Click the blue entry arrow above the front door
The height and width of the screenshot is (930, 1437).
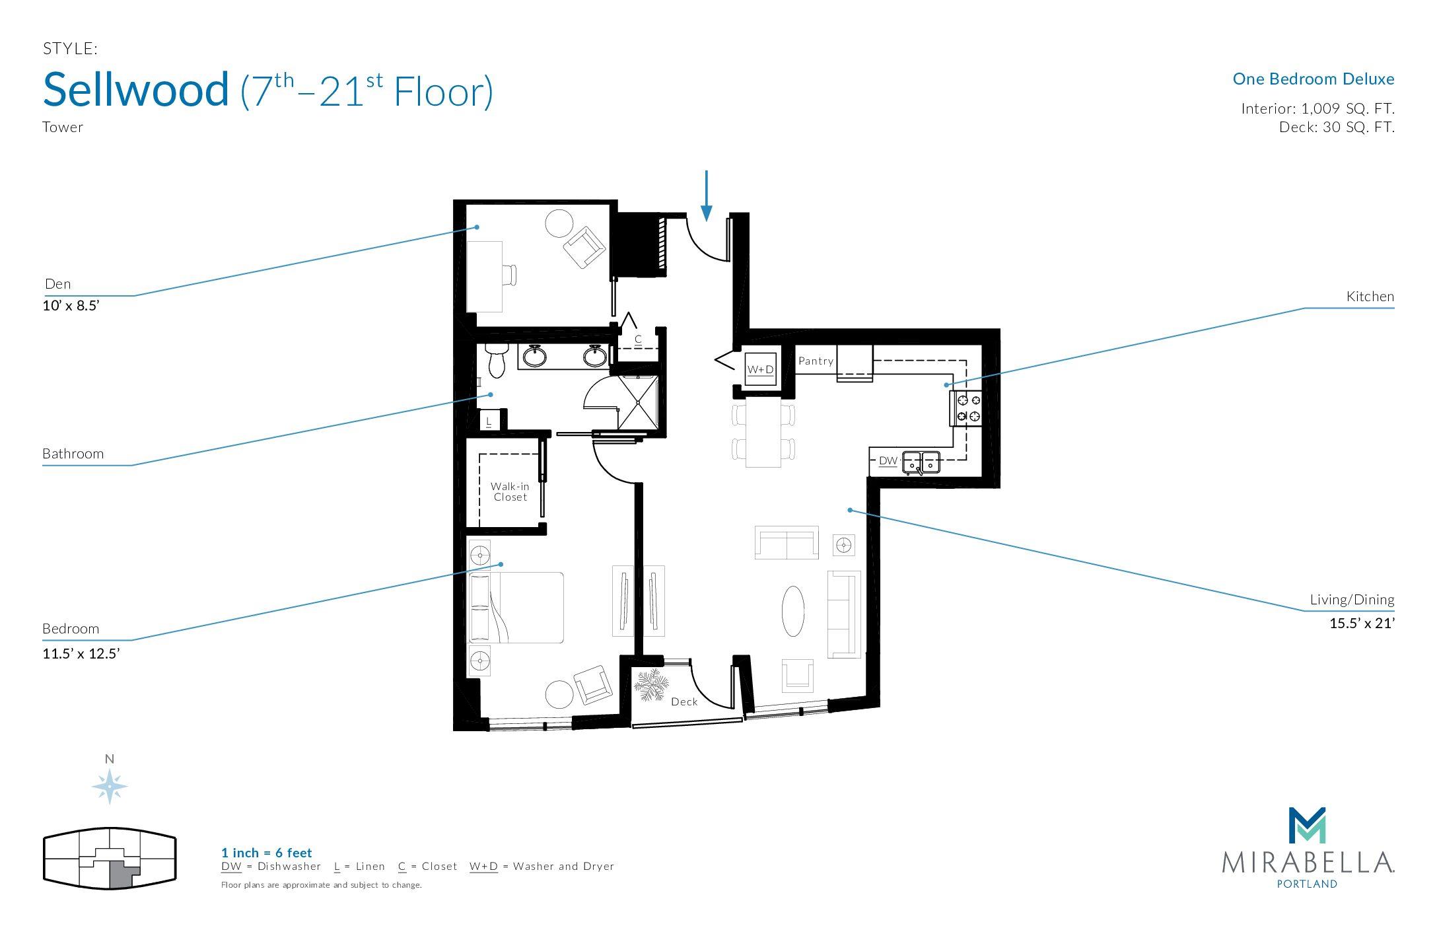[707, 196]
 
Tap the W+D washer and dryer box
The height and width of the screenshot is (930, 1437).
[760, 369]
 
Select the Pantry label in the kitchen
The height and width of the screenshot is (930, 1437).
[816, 361]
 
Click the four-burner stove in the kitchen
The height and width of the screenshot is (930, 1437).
[965, 408]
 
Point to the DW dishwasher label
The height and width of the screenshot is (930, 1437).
[888, 461]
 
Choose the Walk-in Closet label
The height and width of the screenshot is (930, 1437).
[510, 491]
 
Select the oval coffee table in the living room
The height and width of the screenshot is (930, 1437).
[793, 611]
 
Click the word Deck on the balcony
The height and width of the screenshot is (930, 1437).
[684, 701]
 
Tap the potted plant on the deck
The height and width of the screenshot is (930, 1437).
[651, 685]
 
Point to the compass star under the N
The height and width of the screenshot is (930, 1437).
[110, 787]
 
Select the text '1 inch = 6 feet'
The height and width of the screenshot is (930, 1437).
[267, 853]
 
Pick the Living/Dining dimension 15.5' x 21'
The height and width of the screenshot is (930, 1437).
[1362, 623]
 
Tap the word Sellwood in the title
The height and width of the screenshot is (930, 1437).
[136, 89]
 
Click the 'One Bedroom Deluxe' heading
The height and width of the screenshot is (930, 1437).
[1314, 79]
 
